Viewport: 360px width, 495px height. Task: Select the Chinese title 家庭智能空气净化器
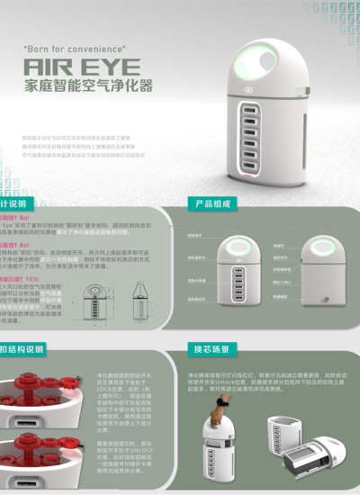(87, 86)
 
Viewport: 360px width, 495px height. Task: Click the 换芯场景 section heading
(212, 349)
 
